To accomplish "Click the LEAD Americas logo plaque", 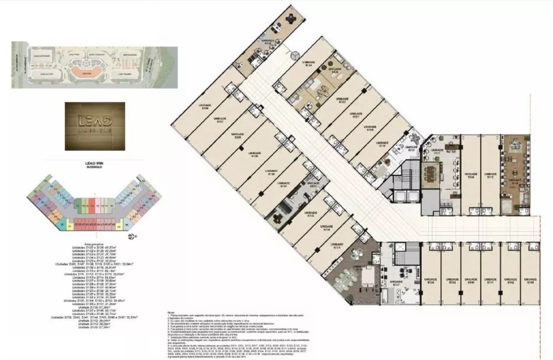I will (95, 126).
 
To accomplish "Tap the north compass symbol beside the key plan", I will (130, 237).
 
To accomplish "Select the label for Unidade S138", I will (433, 281).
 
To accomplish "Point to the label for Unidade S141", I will (490, 281).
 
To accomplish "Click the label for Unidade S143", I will (529, 281).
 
